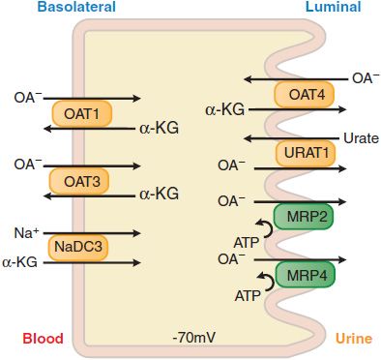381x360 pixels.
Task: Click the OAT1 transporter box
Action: [82, 113]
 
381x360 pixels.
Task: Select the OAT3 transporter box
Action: [82, 180]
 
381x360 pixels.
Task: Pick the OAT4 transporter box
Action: [304, 94]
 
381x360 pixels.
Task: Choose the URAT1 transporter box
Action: [304, 152]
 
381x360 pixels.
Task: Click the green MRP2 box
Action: [304, 215]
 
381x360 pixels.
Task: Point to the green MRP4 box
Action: [304, 275]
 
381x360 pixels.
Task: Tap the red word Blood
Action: [43, 339]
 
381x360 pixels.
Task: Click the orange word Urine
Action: [353, 339]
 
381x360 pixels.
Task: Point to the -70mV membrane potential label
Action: [192, 339]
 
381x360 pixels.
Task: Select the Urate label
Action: [361, 138]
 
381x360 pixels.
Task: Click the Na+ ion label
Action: [26, 232]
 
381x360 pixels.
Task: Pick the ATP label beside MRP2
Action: [248, 240]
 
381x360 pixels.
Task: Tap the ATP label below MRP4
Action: [248, 295]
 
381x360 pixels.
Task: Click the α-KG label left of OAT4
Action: [225, 110]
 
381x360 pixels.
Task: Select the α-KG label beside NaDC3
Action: [20, 261]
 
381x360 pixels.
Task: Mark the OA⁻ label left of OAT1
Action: [27, 98]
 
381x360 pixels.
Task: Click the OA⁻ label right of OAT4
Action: [365, 78]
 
